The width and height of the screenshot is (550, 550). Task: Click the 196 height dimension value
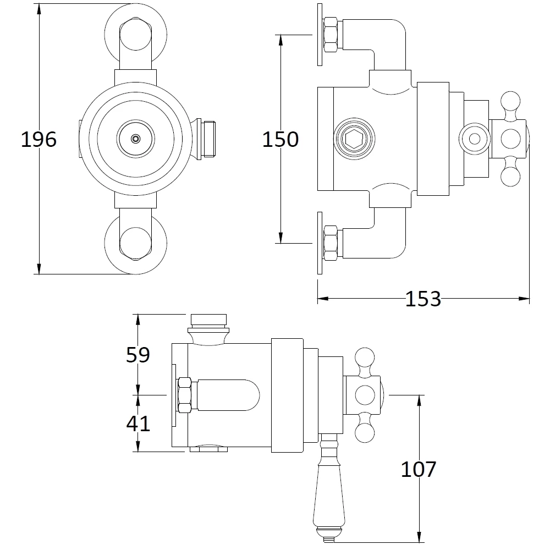point(38,139)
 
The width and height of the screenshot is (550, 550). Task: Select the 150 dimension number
point(280,139)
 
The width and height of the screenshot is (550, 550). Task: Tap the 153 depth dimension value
point(423,299)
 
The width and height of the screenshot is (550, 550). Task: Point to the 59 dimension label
point(138,355)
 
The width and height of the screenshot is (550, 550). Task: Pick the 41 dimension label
point(138,424)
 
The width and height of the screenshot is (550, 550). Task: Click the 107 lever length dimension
point(418,469)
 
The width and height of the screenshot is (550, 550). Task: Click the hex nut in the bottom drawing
point(184,394)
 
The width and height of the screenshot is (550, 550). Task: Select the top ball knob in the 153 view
point(510,102)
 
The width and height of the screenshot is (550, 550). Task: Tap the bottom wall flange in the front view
point(135,243)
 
